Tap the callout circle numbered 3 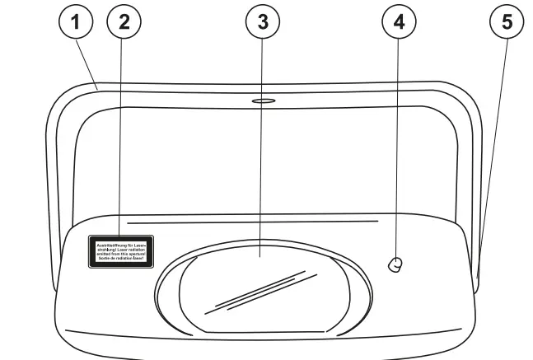(x=263, y=23)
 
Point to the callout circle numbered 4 (x=399, y=23)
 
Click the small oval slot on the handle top (x=264, y=102)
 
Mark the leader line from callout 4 (x=398, y=148)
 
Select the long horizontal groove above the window (x=251, y=222)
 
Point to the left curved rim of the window (x=165, y=284)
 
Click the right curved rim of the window (x=356, y=284)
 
